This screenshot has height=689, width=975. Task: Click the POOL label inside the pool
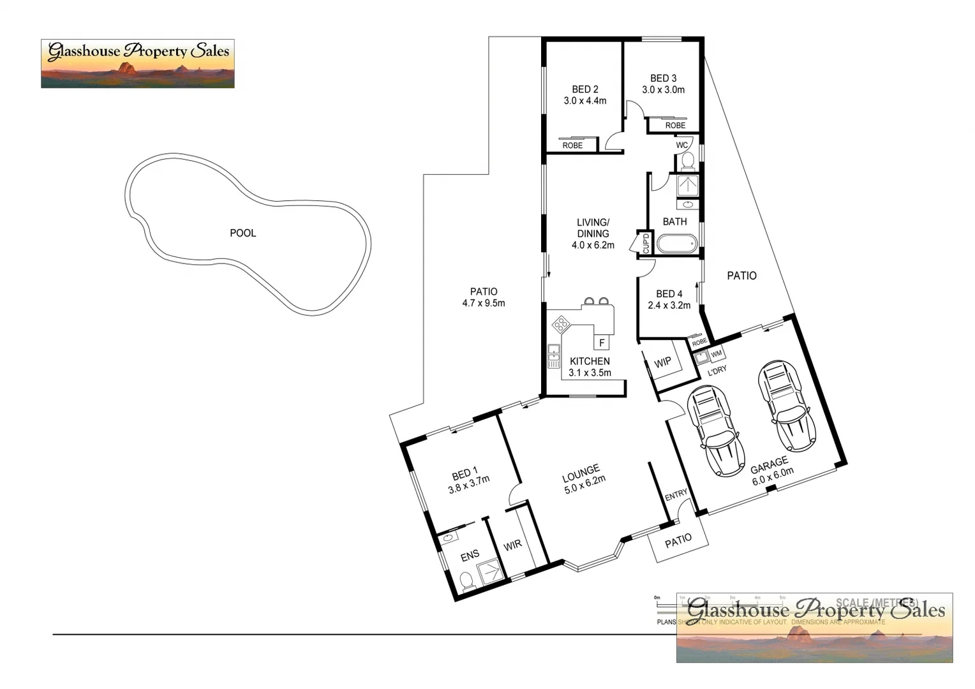click(x=242, y=233)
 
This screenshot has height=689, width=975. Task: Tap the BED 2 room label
click(x=584, y=90)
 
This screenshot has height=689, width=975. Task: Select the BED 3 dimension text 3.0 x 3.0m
click(x=663, y=90)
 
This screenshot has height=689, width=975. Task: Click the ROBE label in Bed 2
click(x=572, y=145)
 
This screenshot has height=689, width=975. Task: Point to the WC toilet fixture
click(x=687, y=160)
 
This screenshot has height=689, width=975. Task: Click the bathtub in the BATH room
click(x=677, y=244)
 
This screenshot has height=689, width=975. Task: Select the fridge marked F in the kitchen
click(x=601, y=343)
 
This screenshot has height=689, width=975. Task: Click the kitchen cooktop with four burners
click(x=561, y=325)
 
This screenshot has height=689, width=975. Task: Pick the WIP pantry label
click(x=662, y=362)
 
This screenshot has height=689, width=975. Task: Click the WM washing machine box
click(x=716, y=353)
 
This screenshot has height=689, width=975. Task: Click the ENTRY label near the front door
click(x=676, y=494)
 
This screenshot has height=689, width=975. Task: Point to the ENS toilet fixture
click(x=466, y=581)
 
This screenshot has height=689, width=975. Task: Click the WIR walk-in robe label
click(x=512, y=545)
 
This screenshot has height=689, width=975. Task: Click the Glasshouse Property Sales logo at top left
click(x=138, y=63)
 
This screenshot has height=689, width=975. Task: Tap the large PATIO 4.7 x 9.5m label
click(x=483, y=297)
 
